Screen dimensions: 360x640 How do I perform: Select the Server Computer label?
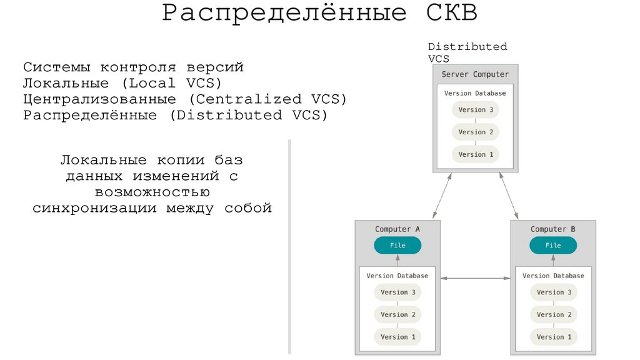pyautogui.click(x=475, y=74)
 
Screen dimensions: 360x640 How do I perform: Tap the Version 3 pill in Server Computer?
pyautogui.click(x=476, y=109)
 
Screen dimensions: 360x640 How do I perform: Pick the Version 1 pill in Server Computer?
pyautogui.click(x=476, y=154)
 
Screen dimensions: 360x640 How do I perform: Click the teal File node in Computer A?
pyautogui.click(x=397, y=246)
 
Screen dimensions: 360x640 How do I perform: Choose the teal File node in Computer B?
pyautogui.click(x=553, y=246)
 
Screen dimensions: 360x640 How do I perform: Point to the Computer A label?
pyautogui.click(x=397, y=229)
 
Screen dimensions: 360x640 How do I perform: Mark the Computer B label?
pyautogui.click(x=553, y=229)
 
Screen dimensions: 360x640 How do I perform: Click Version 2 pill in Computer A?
pyautogui.click(x=397, y=314)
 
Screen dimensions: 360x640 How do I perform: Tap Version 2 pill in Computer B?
pyautogui.click(x=553, y=314)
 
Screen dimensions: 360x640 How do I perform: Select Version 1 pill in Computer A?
pyautogui.click(x=397, y=337)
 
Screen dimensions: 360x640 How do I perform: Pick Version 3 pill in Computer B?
pyautogui.click(x=553, y=292)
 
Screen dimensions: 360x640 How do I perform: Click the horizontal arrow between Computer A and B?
pyautogui.click(x=475, y=277)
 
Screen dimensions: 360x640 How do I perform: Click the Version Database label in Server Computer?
pyautogui.click(x=475, y=93)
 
